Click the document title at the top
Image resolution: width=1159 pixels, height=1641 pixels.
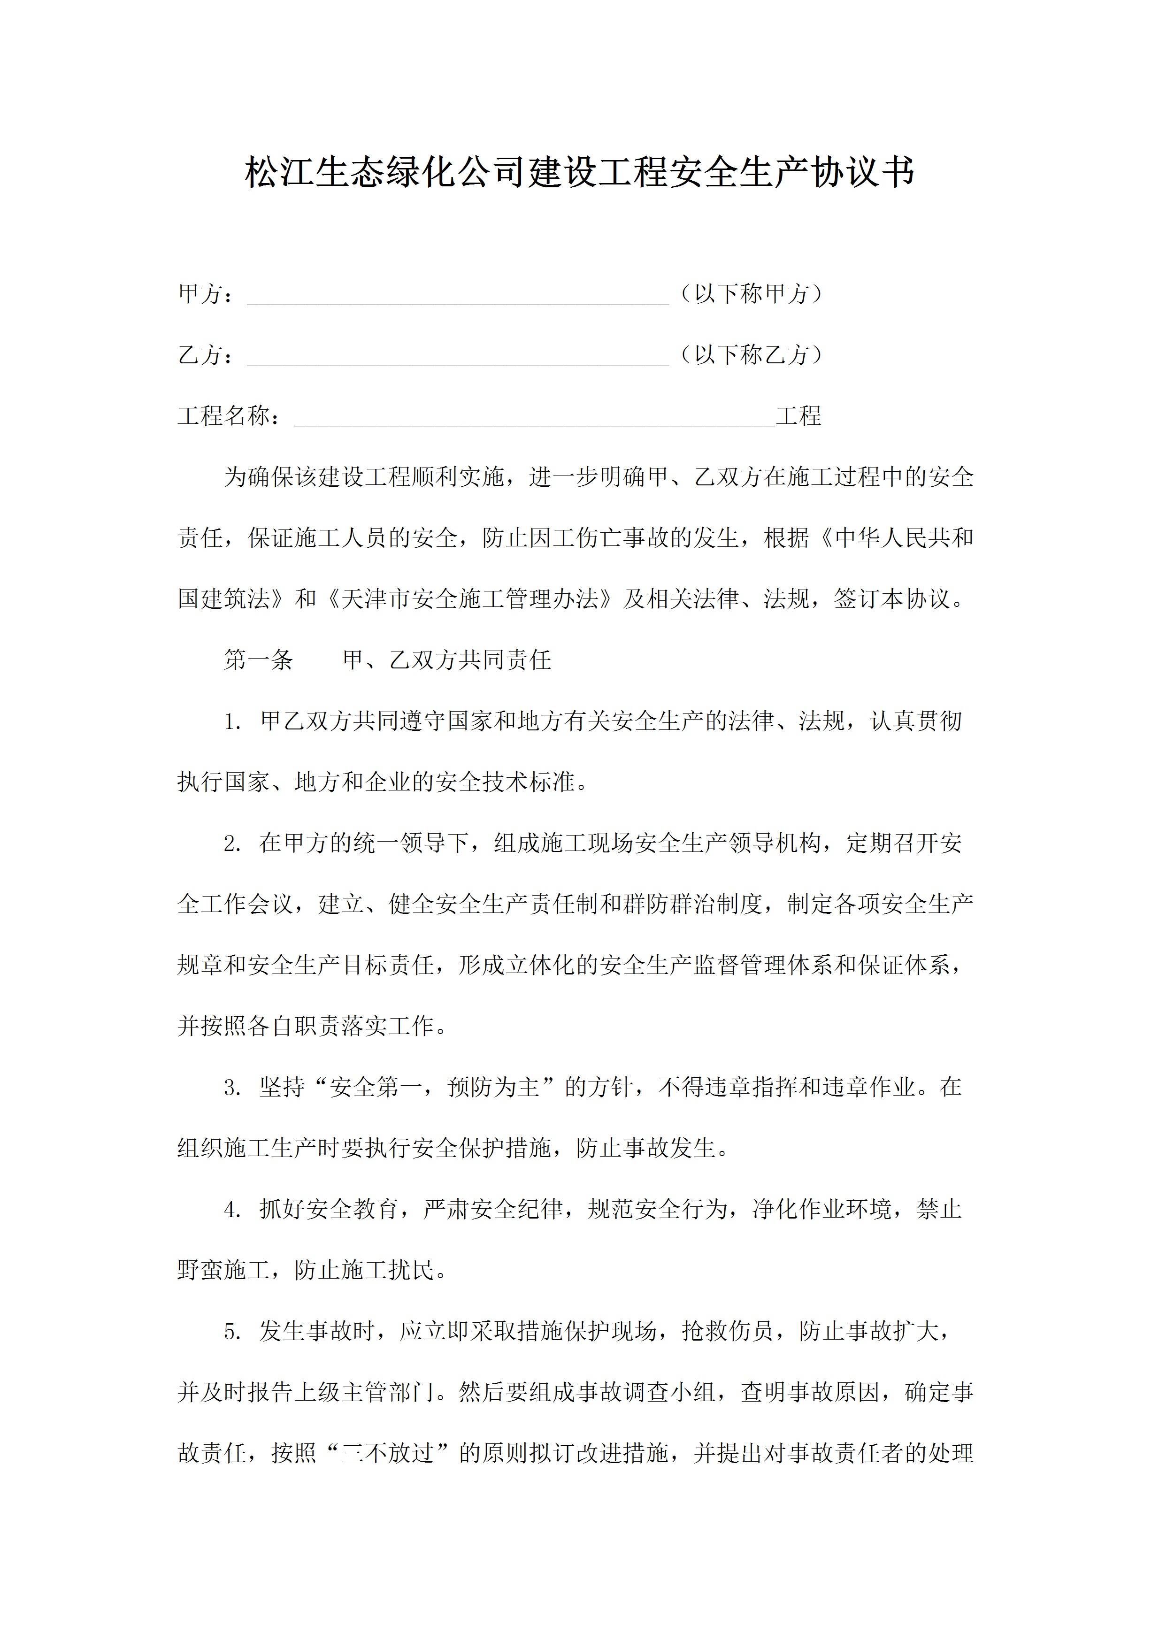pyautogui.click(x=579, y=174)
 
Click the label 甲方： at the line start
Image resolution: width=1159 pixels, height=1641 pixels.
pyautogui.click(x=206, y=294)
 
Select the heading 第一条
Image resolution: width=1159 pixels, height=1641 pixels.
pyautogui.click(x=259, y=659)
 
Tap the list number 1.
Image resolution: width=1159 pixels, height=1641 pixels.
pyautogui.click(x=232, y=722)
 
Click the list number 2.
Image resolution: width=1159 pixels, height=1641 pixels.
pyautogui.click(x=232, y=844)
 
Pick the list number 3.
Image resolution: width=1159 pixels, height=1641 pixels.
pyautogui.click(x=232, y=1088)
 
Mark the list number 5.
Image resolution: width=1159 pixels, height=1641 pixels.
pyautogui.click(x=232, y=1332)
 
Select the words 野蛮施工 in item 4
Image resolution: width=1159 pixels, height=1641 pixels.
pyautogui.click(x=223, y=1271)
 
